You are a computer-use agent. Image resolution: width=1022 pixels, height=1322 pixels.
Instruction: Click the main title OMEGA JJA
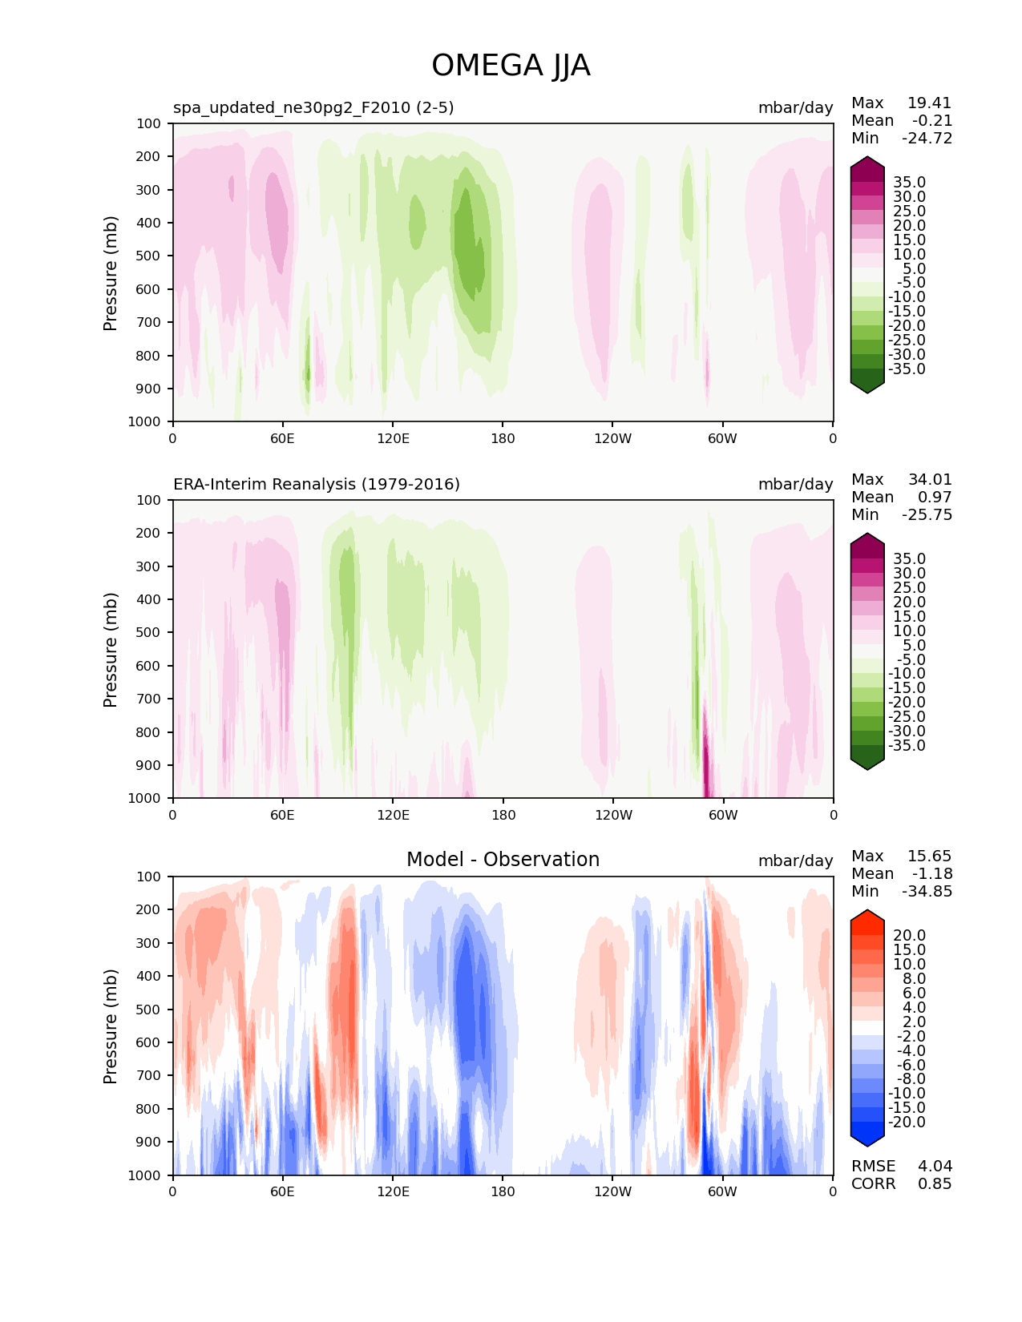(511, 66)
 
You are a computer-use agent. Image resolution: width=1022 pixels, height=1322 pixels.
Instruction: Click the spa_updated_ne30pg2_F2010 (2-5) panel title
(313, 107)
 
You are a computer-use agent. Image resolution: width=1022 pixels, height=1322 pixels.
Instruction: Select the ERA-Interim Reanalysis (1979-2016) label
(317, 484)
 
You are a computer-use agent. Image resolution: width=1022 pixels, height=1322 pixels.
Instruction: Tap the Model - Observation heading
(503, 860)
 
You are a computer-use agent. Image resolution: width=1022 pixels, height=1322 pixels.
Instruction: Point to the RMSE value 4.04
(935, 1166)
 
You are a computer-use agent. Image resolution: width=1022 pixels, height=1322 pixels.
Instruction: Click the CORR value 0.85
(935, 1183)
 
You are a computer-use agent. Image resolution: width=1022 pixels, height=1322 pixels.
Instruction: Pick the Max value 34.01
(930, 479)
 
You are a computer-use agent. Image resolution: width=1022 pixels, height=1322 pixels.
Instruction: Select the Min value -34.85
(927, 891)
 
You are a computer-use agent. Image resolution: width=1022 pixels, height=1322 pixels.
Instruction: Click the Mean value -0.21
(932, 120)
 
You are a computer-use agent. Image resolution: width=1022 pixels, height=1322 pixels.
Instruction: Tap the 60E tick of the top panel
(282, 438)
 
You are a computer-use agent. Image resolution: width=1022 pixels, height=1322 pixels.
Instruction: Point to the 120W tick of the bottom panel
(612, 1191)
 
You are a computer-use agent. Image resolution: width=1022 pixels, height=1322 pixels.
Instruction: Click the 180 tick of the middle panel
(503, 815)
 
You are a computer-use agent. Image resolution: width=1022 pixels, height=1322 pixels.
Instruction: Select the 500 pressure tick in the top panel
(150, 256)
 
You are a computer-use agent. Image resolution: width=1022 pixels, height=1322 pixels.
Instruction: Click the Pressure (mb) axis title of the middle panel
(111, 649)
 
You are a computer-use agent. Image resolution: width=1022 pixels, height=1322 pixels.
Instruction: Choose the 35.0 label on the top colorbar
(909, 183)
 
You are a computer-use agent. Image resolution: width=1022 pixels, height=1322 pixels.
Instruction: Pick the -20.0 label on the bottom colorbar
(907, 1122)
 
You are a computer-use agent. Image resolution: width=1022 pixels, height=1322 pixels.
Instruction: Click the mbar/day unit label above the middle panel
(795, 484)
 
